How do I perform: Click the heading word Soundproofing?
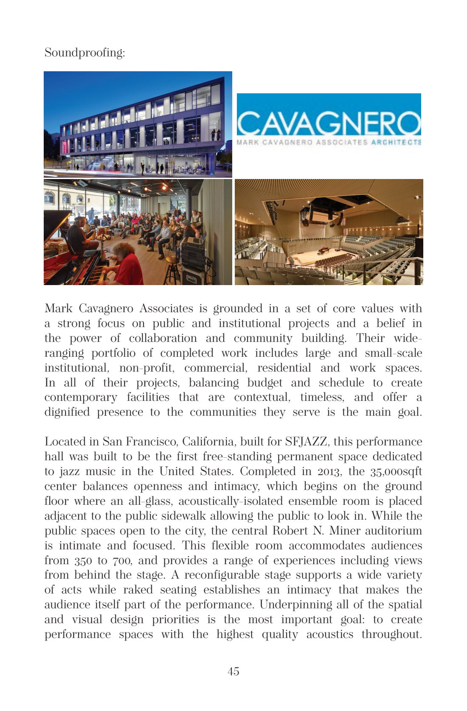[x=84, y=53]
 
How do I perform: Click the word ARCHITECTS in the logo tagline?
[x=396, y=143]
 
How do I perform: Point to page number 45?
[x=233, y=671]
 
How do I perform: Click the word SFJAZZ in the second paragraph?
[x=306, y=442]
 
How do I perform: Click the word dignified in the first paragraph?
[x=67, y=412]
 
